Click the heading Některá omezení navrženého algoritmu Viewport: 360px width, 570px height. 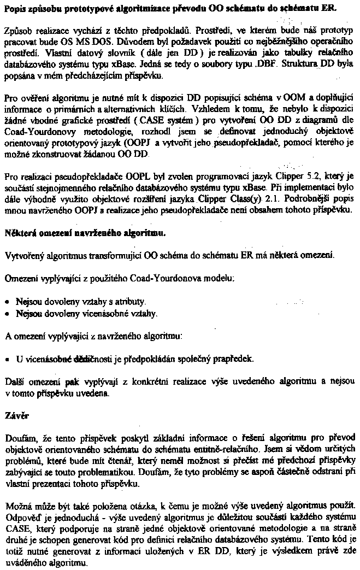[85, 232]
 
